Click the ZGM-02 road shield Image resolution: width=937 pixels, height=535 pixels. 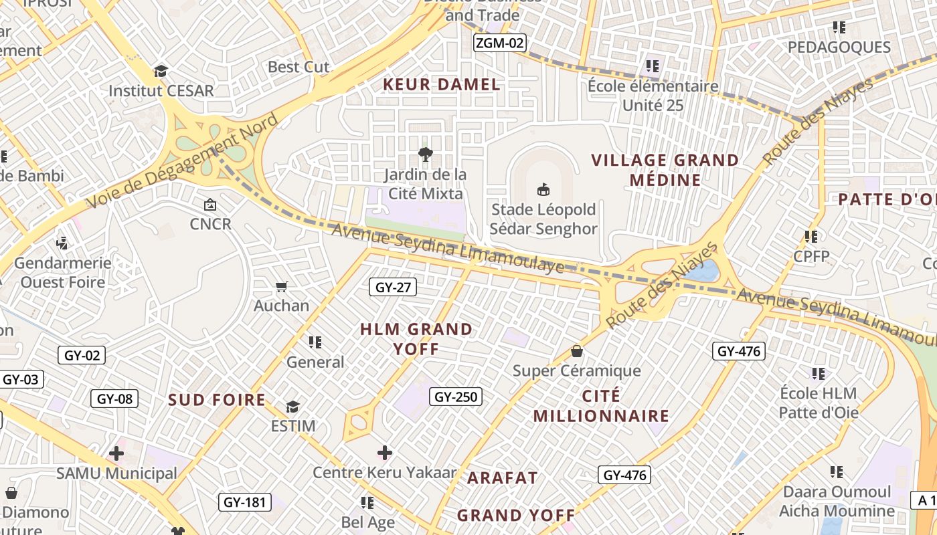pyautogui.click(x=499, y=43)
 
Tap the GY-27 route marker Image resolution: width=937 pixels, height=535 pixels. pyautogui.click(x=393, y=288)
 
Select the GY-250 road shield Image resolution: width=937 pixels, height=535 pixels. pyautogui.click(x=456, y=397)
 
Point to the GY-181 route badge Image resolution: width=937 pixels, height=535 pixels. pyautogui.click(x=245, y=502)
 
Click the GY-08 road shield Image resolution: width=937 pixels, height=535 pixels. pyautogui.click(x=114, y=399)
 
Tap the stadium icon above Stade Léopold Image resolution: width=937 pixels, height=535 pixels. pyautogui.click(x=543, y=190)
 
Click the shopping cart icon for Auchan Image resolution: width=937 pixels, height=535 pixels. pyautogui.click(x=282, y=287)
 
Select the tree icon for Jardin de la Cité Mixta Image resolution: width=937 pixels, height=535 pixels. pyautogui.click(x=424, y=155)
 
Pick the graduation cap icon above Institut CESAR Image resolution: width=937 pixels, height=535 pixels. pyautogui.click(x=161, y=71)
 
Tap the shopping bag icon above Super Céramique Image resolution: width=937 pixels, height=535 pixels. pyautogui.click(x=576, y=351)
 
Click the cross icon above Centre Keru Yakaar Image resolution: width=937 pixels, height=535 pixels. pyautogui.click(x=385, y=453)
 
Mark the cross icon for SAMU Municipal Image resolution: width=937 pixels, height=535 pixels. pyautogui.click(x=116, y=454)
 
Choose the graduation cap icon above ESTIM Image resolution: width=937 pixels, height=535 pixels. pyautogui.click(x=292, y=407)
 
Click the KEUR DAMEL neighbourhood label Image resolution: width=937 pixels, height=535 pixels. pyautogui.click(x=441, y=84)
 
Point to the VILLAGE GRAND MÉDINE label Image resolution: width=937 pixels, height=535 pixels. pyautogui.click(x=665, y=170)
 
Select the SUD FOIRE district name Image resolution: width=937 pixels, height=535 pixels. pyautogui.click(x=217, y=400)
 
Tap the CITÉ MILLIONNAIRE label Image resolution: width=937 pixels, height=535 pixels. pyautogui.click(x=601, y=406)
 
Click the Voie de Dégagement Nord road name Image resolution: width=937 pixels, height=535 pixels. pyautogui.click(x=182, y=161)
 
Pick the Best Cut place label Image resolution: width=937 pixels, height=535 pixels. pyautogui.click(x=299, y=67)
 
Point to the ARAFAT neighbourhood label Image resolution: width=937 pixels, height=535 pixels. pyautogui.click(x=502, y=477)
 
